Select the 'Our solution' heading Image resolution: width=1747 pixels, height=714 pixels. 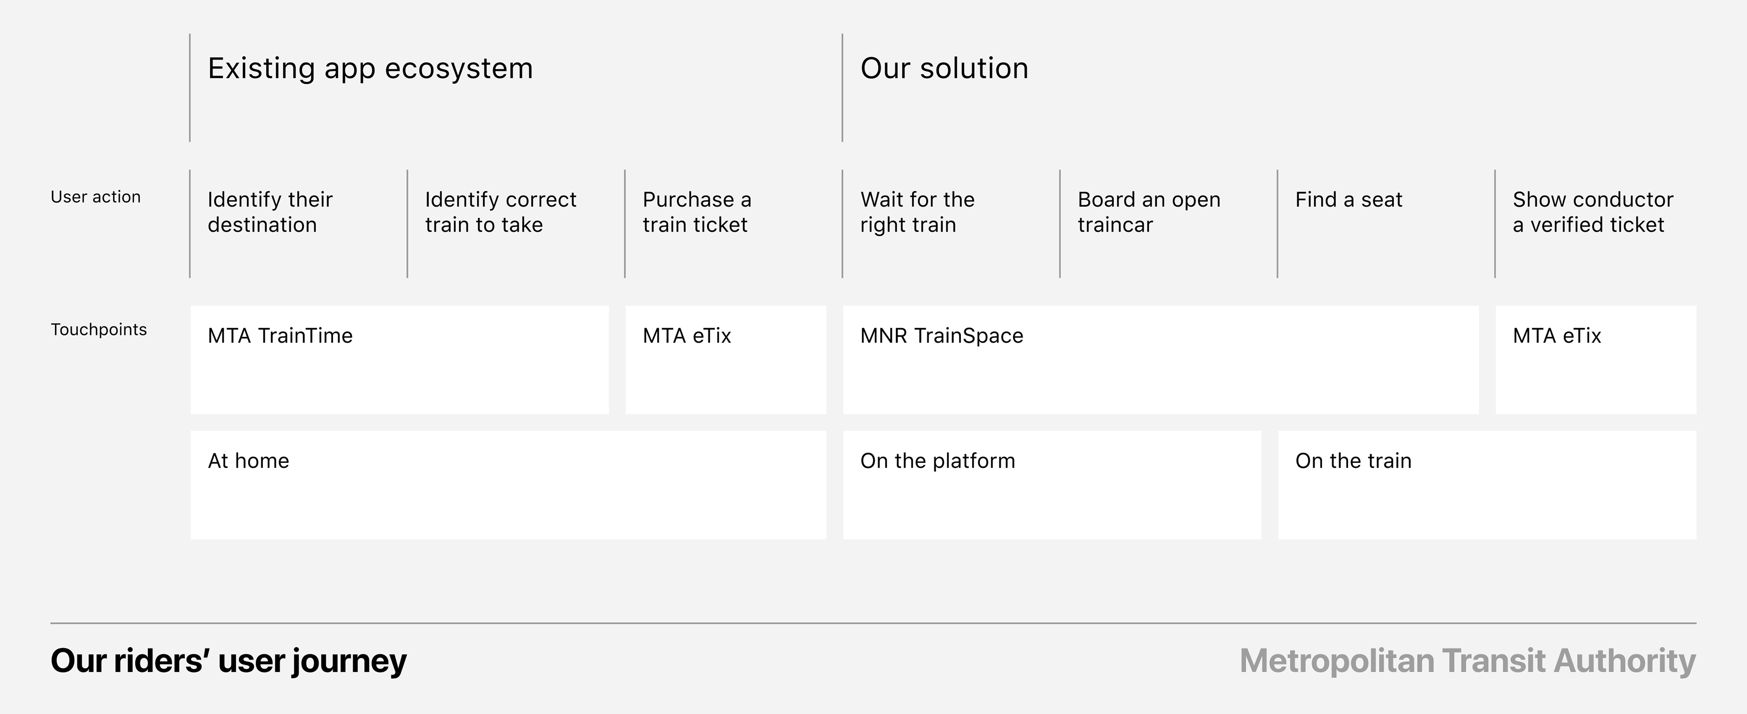[x=944, y=68]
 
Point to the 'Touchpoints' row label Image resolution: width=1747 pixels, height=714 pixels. [x=99, y=329]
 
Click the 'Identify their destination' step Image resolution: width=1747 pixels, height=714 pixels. [x=270, y=212]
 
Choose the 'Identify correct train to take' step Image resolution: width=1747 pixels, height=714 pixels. [x=500, y=212]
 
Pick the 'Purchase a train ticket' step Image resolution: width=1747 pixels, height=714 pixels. [x=697, y=212]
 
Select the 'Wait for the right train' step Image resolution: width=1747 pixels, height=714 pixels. [x=918, y=212]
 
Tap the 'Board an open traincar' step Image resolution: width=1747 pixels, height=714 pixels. [x=1149, y=212]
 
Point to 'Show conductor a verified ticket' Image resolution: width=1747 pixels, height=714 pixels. [x=1593, y=212]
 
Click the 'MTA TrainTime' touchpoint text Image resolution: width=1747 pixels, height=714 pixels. [x=280, y=336]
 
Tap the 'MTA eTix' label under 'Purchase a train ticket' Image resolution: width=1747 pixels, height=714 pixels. [x=687, y=336]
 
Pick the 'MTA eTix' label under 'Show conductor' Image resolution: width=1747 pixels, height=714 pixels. [x=1557, y=336]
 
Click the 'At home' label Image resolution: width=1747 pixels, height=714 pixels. [x=248, y=461]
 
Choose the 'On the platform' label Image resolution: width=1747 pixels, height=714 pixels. [x=938, y=461]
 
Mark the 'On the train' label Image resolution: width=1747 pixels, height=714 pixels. [x=1353, y=461]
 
